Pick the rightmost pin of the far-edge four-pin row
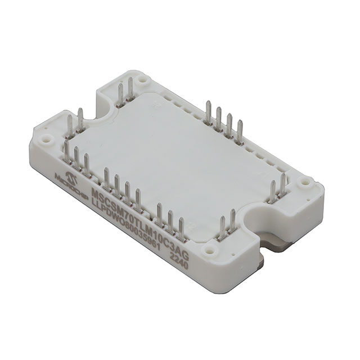pos(241,129)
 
